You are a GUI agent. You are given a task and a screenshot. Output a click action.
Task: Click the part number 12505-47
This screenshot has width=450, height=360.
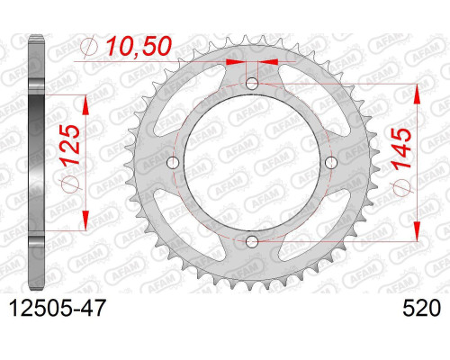pos(58,308)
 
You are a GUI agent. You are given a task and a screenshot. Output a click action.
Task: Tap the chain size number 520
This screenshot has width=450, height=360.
pos(422,308)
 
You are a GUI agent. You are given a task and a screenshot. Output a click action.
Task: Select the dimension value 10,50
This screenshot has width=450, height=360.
pos(139,47)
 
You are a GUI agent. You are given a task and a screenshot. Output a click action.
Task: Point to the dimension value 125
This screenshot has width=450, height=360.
pos(71,145)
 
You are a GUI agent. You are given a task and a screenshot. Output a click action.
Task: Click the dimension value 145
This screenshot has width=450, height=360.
pos(402,149)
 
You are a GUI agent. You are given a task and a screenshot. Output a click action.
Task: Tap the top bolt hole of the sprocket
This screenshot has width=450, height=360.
pos(252,84)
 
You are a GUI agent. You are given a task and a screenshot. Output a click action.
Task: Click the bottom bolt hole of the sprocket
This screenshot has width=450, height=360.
pos(252,240)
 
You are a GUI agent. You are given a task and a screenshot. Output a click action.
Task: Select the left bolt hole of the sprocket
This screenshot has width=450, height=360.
pos(173,163)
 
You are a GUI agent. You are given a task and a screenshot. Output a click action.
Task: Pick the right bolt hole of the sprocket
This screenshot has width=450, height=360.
pos(331,163)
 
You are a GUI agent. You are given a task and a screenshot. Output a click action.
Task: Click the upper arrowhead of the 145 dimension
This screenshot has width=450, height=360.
pos(417,94)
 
